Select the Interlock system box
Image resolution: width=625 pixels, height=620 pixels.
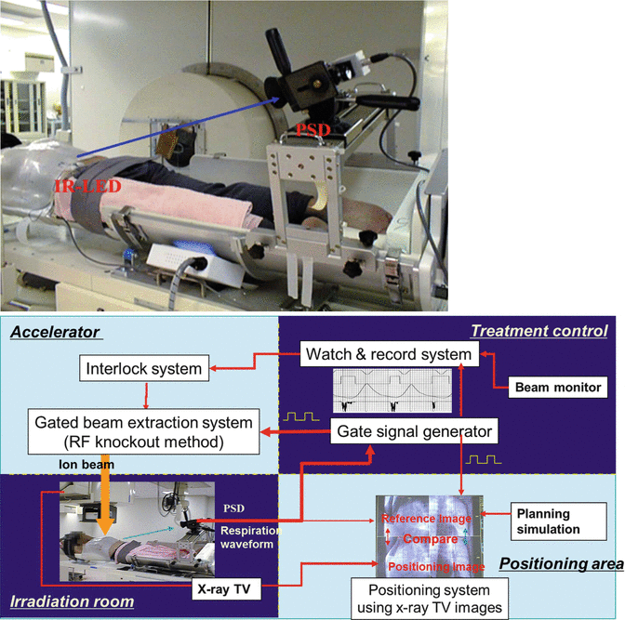tap(144, 369)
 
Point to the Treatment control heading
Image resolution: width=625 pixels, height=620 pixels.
tap(539, 331)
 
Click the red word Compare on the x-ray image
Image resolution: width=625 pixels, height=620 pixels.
tap(430, 538)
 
